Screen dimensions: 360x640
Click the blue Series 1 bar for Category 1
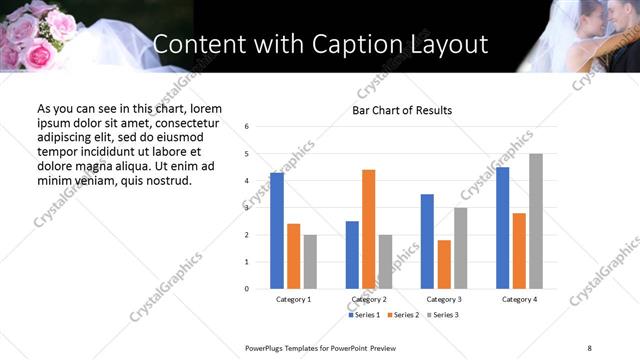tap(277, 231)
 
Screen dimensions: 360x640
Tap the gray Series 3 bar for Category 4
tap(536, 221)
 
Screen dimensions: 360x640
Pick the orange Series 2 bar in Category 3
tap(444, 264)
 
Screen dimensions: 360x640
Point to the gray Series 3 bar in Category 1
tap(310, 262)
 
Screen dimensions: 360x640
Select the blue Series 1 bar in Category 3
tap(427, 241)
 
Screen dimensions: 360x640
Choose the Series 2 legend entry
tap(402, 315)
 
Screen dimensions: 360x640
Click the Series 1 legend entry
tap(363, 315)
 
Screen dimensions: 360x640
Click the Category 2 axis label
tap(369, 299)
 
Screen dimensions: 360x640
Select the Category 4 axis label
tap(519, 299)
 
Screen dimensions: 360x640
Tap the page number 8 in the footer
tap(588, 348)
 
